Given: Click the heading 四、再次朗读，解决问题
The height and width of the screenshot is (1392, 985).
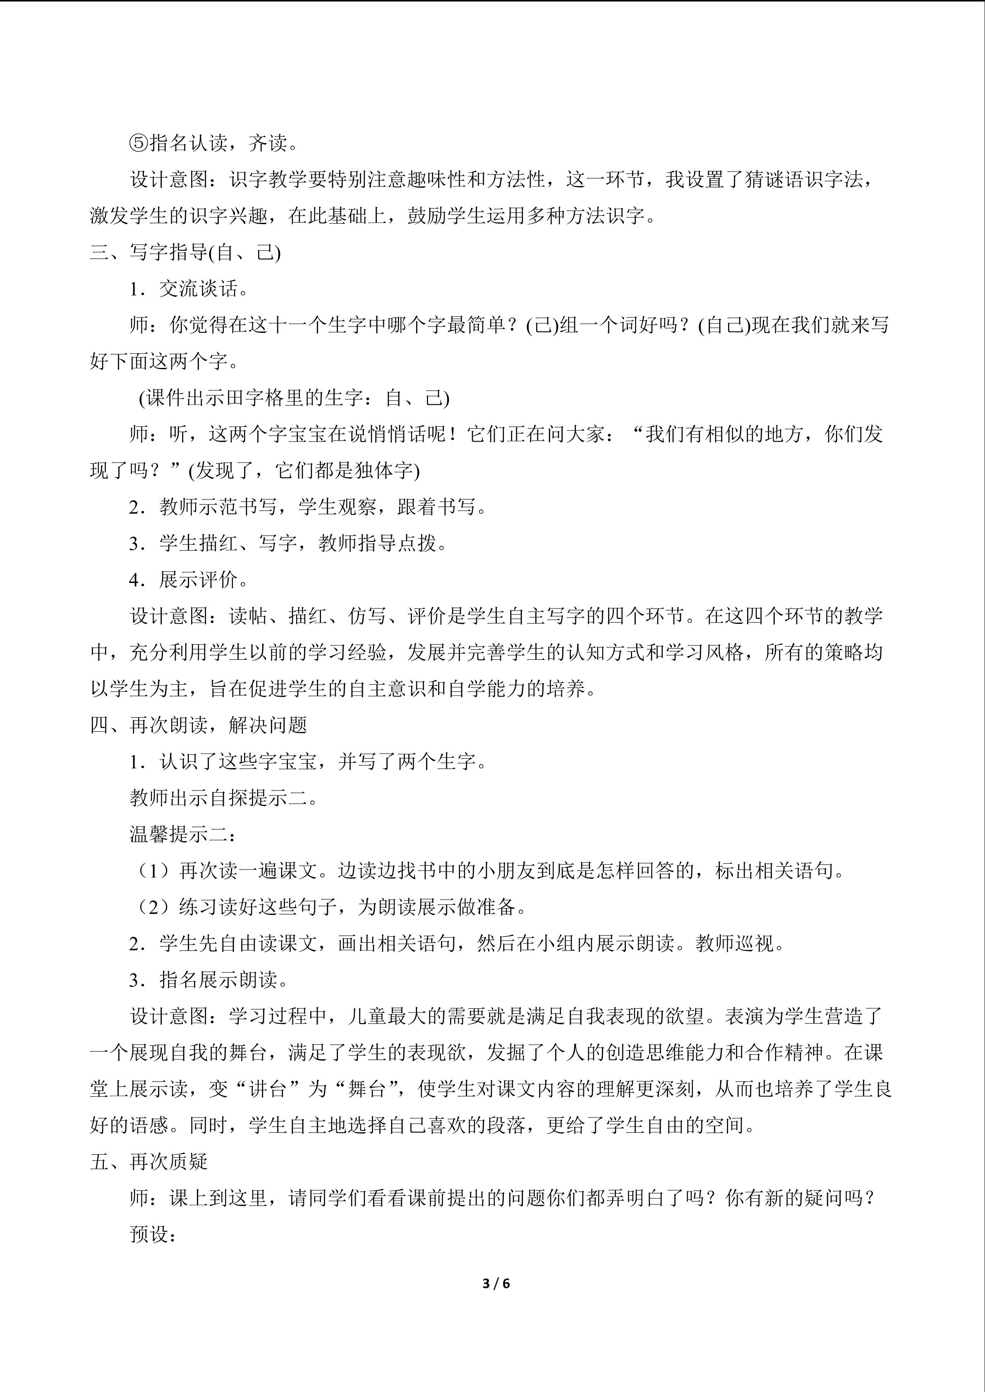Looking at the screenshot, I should [198, 725].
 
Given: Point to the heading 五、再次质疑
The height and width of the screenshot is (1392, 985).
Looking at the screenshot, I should [149, 1162].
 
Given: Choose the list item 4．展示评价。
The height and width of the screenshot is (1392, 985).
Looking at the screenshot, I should [189, 580].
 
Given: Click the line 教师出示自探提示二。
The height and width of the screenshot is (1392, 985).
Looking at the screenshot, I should [224, 798].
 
